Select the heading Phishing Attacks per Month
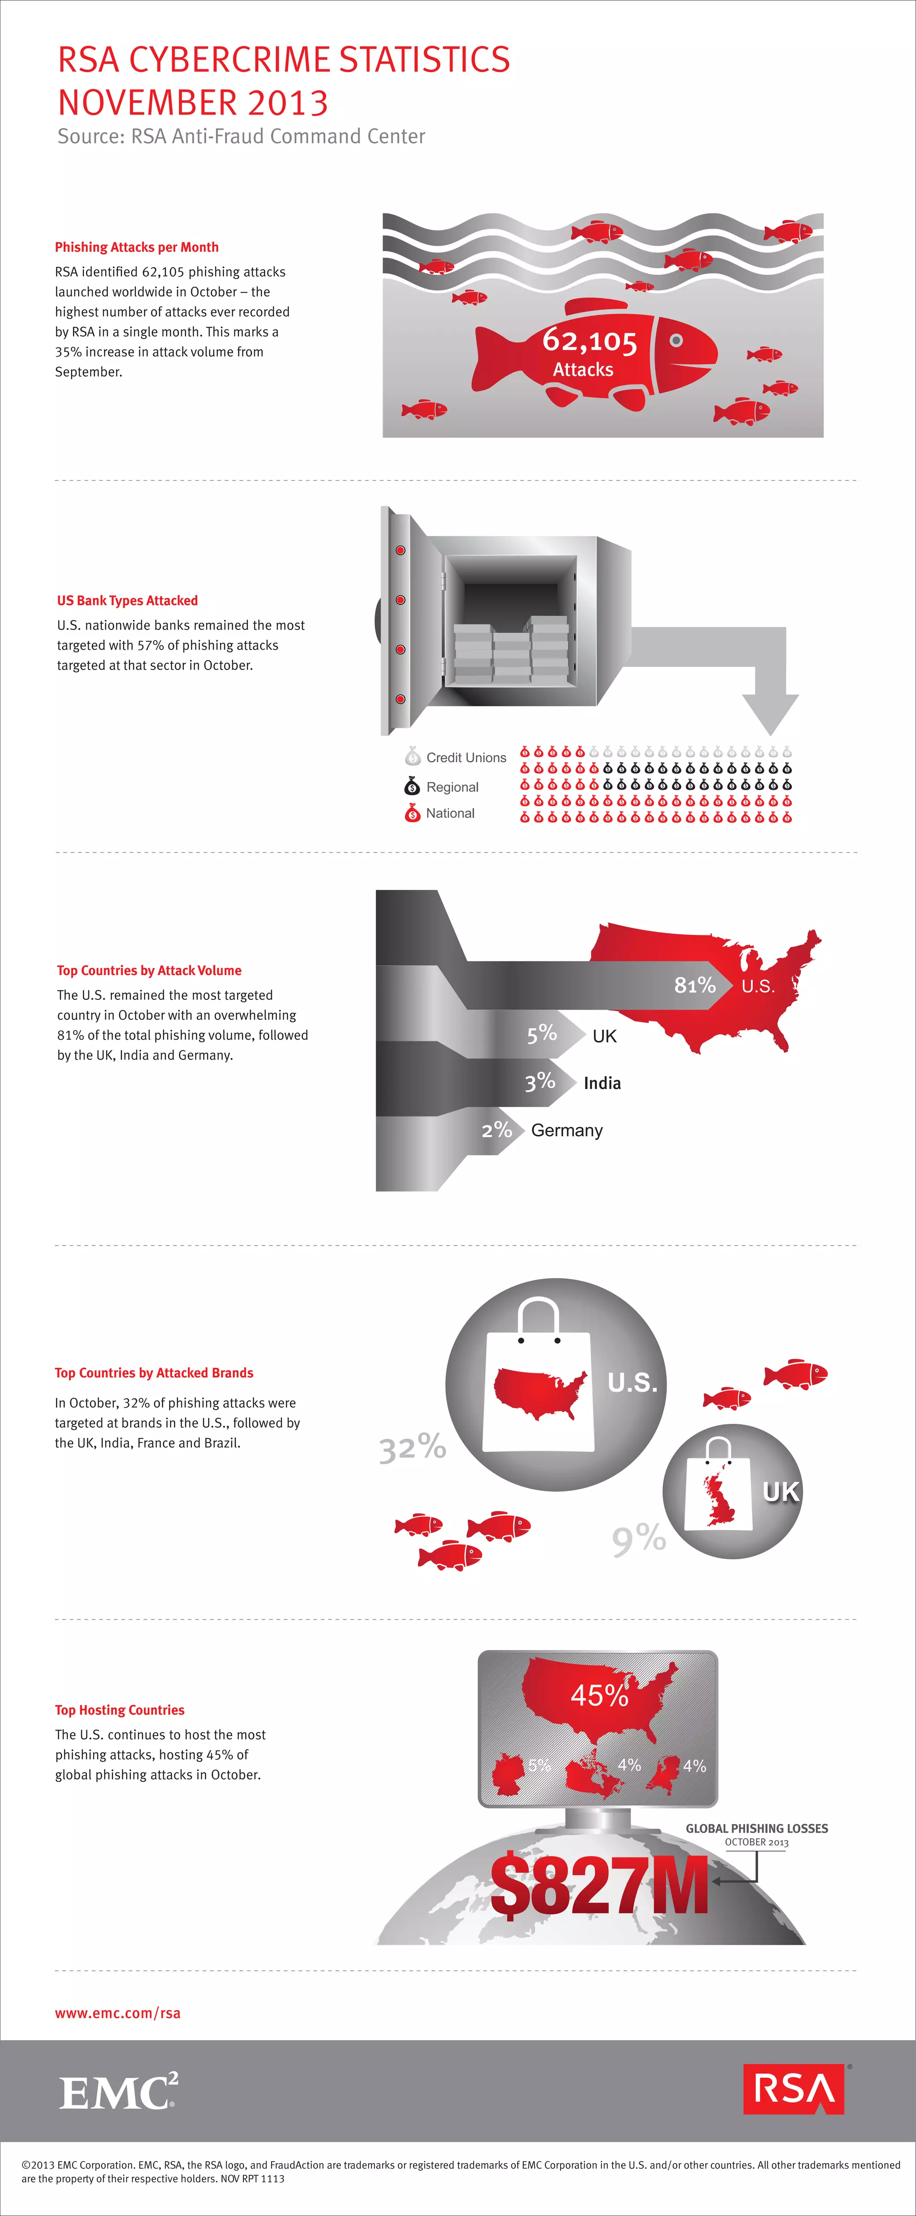(x=137, y=247)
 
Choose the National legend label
(x=450, y=813)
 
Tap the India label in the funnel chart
(x=602, y=1083)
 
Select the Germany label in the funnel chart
(x=567, y=1130)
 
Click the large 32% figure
(x=413, y=1448)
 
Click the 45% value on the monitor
(x=599, y=1695)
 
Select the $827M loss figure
(x=599, y=1886)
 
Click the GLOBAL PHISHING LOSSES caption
(x=756, y=1828)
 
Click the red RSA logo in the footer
(x=793, y=2089)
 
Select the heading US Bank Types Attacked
(x=127, y=600)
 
